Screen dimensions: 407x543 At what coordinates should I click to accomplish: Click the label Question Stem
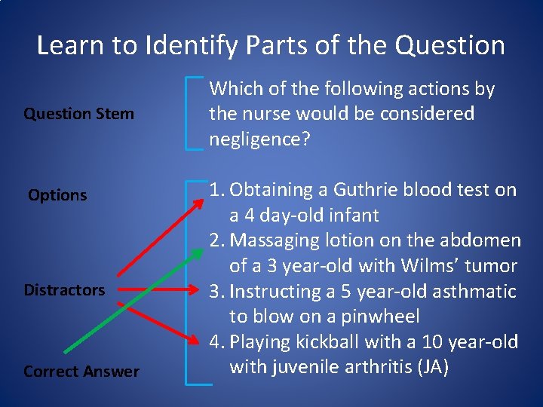coord(78,114)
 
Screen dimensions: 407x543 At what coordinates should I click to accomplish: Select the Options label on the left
coord(57,195)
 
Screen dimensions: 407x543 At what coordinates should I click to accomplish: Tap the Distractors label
coord(64,290)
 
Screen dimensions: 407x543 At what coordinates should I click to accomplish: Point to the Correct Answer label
coord(81,372)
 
